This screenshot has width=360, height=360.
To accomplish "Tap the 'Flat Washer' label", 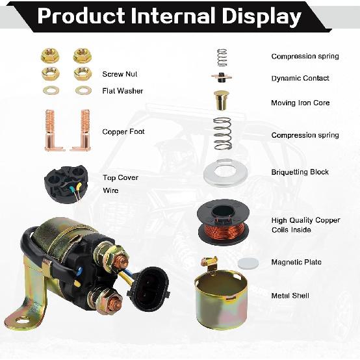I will coord(122,91).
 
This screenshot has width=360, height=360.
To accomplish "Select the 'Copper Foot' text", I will coord(123,132).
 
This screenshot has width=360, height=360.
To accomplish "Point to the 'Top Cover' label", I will coord(120,177).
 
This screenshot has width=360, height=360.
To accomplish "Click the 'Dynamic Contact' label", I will coord(300,79).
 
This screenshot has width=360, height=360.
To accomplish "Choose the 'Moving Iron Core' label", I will coord(300,103).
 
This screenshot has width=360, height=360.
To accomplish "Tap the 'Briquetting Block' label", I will coord(300,172).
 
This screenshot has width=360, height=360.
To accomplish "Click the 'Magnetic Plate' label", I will coord(296,263).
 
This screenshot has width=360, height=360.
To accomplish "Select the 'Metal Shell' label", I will coord(290,296).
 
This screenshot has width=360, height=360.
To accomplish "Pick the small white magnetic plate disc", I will coord(246,261).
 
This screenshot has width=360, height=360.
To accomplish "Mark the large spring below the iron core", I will coord(223,133).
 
